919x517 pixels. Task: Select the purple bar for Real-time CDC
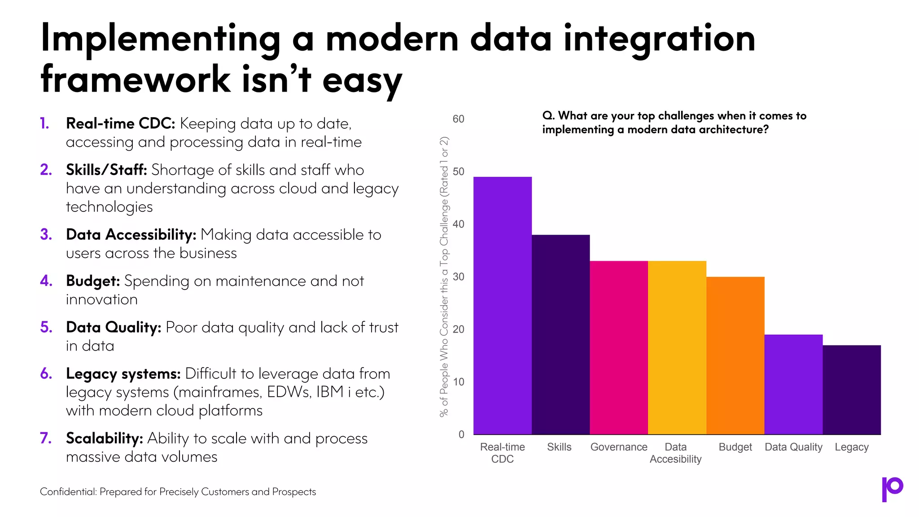(503, 305)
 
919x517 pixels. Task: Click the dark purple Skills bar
(560, 334)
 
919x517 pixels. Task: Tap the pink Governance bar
(619, 348)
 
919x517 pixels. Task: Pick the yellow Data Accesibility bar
(677, 348)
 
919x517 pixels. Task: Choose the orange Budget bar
(735, 355)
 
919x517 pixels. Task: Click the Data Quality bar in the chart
(793, 384)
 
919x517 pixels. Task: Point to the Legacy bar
(851, 390)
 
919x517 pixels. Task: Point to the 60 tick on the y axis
(458, 119)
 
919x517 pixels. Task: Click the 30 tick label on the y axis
(458, 277)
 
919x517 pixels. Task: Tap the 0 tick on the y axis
(461, 434)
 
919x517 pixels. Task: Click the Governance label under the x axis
(619, 447)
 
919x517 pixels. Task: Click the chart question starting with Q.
(674, 123)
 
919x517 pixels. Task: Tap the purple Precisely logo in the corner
(892, 489)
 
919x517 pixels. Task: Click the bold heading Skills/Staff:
(106, 170)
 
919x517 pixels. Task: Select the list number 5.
(46, 327)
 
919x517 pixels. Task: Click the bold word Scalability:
(104, 438)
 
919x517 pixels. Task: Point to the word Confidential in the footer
(68, 492)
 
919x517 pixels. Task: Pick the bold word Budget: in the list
(93, 281)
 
